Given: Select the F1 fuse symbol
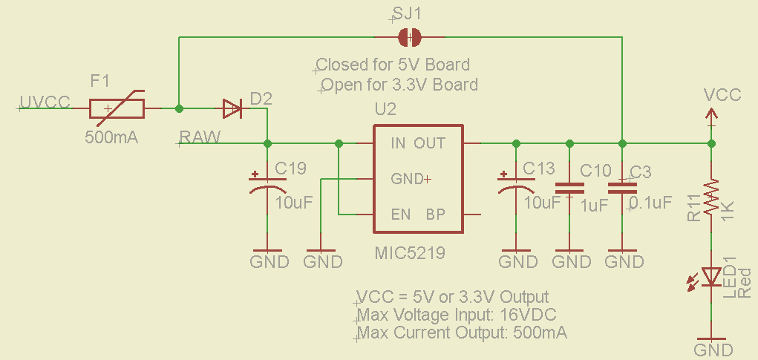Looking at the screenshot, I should pos(117,109).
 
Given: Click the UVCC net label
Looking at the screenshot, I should pos(45,102).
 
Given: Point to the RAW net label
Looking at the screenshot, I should pos(200,137).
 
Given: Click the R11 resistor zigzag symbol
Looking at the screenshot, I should pos(712,197).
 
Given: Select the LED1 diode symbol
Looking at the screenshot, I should pos(712,276).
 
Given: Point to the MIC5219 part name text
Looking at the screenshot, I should pos(411,254).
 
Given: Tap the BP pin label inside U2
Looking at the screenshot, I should pos(435,215).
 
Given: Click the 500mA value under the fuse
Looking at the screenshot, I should pos(112,137).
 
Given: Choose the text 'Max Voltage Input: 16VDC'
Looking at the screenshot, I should pos(457,314).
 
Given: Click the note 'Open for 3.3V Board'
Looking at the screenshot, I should pos(399,84).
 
